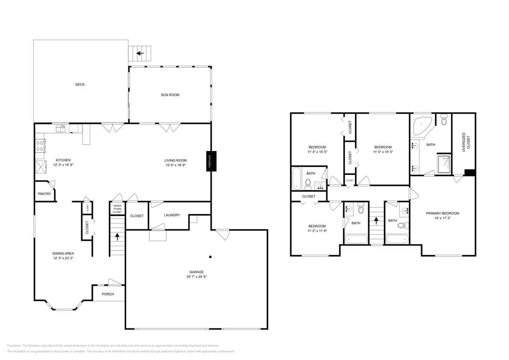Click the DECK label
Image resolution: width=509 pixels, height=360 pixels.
click(80, 84)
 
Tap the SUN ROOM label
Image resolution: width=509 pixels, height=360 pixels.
click(170, 95)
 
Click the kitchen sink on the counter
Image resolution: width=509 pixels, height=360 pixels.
click(60, 127)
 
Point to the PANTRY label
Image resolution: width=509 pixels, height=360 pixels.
click(44, 194)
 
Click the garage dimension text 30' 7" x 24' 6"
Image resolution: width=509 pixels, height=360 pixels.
click(197, 276)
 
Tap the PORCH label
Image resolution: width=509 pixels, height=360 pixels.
click(108, 294)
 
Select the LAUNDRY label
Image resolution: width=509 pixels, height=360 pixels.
click(172, 215)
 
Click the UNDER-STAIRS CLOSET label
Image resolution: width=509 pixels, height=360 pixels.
click(117, 209)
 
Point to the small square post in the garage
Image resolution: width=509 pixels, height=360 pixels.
click(210, 257)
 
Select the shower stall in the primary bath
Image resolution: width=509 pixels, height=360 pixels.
click(443, 164)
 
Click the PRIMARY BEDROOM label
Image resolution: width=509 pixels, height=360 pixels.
click(442, 213)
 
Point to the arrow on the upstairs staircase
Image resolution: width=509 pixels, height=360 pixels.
click(376, 221)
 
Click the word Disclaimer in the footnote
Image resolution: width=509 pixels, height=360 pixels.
click(14, 345)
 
